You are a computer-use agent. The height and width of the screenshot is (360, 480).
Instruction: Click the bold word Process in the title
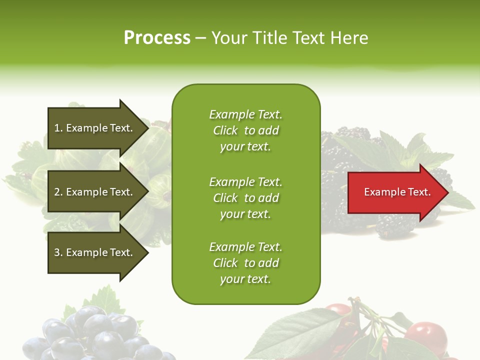157,38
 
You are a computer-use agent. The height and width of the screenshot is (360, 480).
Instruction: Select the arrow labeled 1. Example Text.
95,128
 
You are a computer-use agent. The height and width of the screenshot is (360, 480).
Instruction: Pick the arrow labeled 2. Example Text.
95,192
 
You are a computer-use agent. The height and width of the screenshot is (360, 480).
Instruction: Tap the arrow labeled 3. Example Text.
95,252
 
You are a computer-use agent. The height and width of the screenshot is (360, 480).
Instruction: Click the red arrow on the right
395,192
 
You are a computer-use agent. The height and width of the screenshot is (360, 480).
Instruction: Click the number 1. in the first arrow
58,128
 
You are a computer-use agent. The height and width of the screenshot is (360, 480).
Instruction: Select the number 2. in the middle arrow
58,192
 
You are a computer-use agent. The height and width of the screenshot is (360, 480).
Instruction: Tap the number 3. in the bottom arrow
58,252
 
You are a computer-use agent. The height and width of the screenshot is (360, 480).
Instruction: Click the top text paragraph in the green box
245,130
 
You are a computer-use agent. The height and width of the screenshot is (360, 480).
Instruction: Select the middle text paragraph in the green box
245,198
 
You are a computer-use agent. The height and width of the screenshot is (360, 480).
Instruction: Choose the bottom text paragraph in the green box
245,263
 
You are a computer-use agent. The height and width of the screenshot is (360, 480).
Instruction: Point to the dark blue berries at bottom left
95,335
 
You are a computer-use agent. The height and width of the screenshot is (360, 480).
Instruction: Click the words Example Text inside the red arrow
397,192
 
